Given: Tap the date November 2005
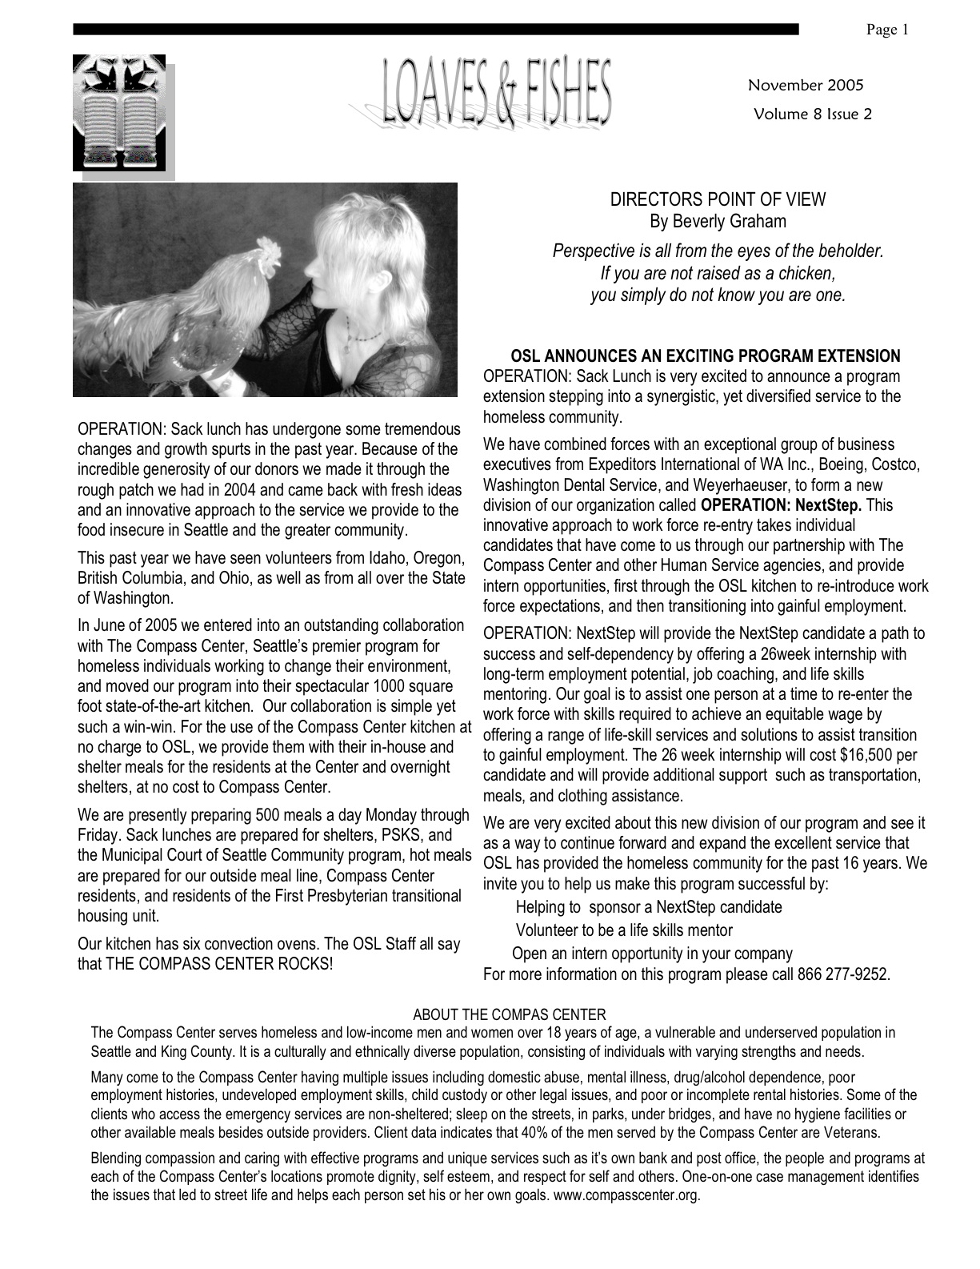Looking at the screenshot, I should coord(806,85).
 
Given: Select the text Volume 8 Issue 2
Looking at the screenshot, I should coord(812,114).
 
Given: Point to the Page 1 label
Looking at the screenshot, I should coord(887,30).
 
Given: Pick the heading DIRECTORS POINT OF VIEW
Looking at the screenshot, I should coord(718,199).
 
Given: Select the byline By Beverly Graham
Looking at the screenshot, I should coord(718,221).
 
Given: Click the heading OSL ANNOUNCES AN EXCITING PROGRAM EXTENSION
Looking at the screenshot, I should coord(705,356).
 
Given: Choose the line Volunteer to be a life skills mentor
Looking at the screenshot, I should coord(624,930).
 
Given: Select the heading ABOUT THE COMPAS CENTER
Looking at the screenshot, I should coord(509,1014).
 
